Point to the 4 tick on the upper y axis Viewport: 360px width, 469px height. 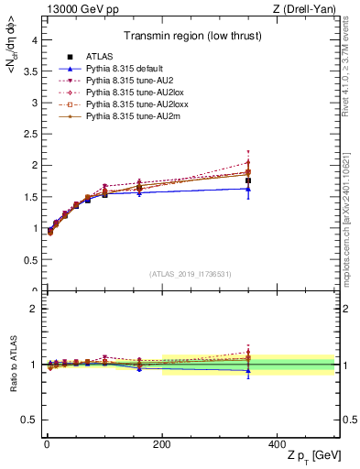pos(33,39)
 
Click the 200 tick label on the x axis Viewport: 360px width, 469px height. pos(162,444)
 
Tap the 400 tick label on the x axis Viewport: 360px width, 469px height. pos(278,444)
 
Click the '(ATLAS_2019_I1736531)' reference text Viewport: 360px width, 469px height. pos(190,274)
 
